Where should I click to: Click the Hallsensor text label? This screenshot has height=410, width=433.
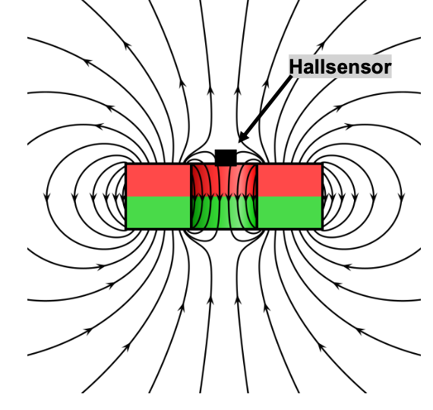point(340,67)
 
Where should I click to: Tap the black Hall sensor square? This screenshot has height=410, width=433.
point(226,158)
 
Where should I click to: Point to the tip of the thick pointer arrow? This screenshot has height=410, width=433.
point(239,142)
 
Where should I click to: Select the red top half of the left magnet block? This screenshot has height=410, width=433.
point(158,180)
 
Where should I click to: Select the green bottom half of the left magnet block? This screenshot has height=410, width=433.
point(158,212)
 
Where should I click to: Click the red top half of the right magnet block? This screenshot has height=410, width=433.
point(289,180)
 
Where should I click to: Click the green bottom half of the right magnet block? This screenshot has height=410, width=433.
point(289,212)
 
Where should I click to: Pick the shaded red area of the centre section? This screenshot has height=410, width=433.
point(224,181)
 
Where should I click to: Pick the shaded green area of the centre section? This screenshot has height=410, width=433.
point(224,212)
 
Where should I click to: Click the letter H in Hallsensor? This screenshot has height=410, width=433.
point(296,67)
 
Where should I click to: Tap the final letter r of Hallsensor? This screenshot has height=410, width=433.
point(388,68)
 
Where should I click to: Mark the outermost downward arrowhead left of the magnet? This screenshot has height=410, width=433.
point(47,197)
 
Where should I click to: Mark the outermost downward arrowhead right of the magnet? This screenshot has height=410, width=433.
point(402,197)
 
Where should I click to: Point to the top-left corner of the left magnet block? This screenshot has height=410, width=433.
point(126,164)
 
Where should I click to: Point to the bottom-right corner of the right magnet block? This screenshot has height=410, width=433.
point(322,229)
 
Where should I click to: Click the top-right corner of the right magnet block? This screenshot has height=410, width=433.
point(322,164)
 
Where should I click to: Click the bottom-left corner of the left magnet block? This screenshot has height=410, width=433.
point(126,229)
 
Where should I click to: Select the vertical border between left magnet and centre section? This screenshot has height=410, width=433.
point(191,197)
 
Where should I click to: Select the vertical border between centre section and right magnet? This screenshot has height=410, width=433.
point(258,197)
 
